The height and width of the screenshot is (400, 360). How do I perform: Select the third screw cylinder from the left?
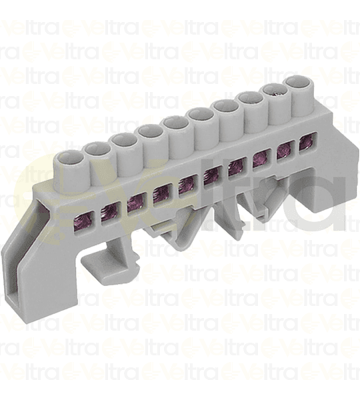point(124,142)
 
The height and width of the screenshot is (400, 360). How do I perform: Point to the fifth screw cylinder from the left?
point(176,124)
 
